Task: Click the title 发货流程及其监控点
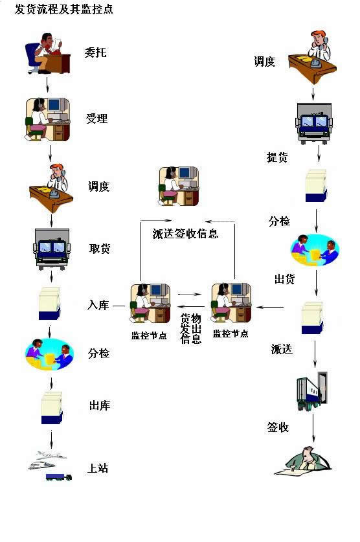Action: click(x=64, y=9)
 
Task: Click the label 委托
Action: click(x=95, y=52)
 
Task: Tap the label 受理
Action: click(x=96, y=119)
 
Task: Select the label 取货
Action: click(x=100, y=249)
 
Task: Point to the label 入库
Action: click(x=98, y=305)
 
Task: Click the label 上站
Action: click(x=98, y=468)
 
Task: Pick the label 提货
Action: click(x=277, y=157)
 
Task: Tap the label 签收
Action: click(x=278, y=427)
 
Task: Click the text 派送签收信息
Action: click(x=186, y=234)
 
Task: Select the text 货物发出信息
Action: click(x=191, y=328)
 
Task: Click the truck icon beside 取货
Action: click(x=52, y=249)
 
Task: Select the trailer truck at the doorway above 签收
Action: click(x=312, y=391)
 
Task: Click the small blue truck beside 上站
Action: click(x=59, y=477)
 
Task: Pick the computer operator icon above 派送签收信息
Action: click(x=179, y=186)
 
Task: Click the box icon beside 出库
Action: click(x=52, y=408)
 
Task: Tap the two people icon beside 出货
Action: click(x=315, y=250)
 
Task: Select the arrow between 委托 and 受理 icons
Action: click(x=48, y=85)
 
